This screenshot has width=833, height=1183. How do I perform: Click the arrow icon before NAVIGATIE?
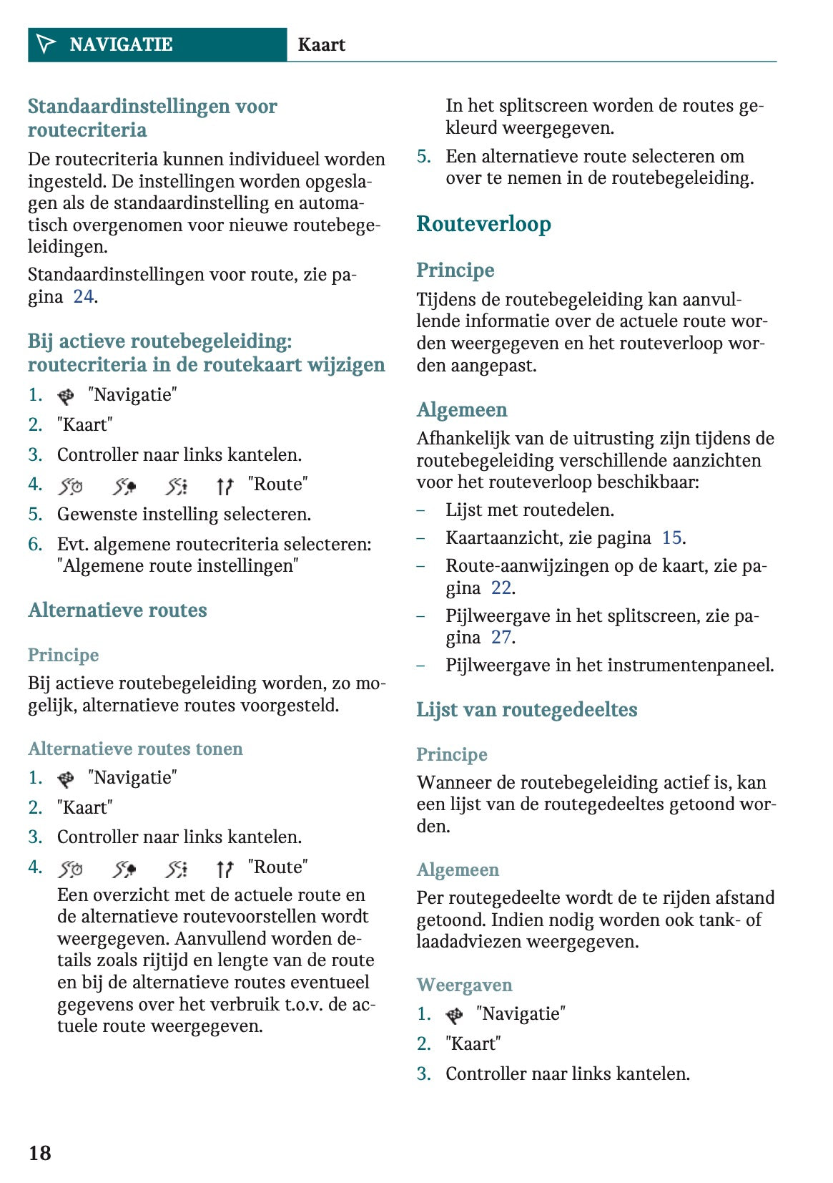pos(46,44)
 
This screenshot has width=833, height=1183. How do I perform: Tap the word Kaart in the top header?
pos(321,45)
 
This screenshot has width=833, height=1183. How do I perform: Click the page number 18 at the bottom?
pos(40,1152)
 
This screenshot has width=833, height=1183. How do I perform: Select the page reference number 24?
pos(84,296)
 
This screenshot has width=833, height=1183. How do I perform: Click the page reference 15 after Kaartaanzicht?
pos(671,537)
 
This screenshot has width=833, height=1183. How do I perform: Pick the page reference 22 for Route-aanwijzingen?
pos(501,588)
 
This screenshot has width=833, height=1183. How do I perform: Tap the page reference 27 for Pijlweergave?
pos(501,637)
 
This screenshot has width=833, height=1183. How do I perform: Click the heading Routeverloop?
pos(483,224)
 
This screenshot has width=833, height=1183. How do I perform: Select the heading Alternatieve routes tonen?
pos(135,749)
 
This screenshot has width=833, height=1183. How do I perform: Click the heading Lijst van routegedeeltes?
pos(526,709)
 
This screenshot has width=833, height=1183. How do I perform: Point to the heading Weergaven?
pos(464,985)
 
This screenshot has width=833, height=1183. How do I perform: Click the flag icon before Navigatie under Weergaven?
pos(454,1015)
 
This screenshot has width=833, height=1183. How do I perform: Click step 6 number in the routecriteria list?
pos(35,544)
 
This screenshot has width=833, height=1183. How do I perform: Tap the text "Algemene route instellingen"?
pos(177,566)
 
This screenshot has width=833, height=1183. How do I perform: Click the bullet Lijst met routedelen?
pos(529,510)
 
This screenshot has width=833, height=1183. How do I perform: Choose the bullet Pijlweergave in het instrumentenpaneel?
pos(609,665)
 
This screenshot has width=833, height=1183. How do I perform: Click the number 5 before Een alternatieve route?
pos(423,156)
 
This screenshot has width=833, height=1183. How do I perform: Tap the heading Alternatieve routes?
pos(117,610)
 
